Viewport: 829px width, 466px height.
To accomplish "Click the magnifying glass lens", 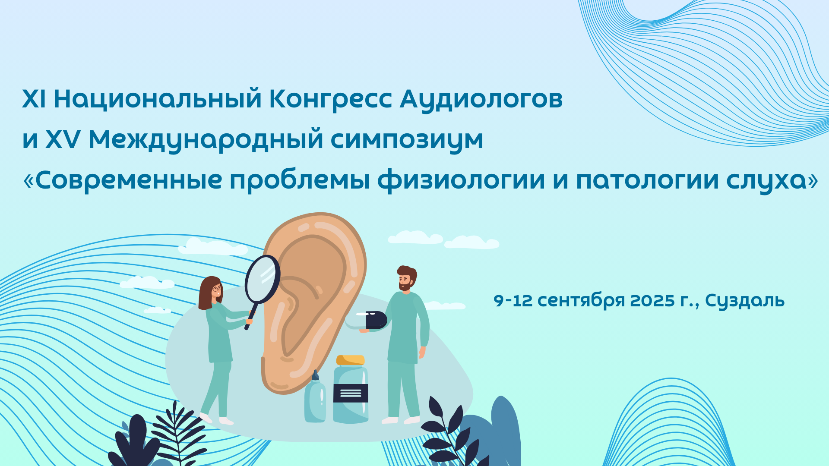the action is click(x=263, y=279).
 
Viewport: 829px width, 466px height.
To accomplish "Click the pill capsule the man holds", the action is click(x=366, y=320).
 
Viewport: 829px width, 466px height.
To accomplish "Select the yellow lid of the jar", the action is click(x=351, y=360).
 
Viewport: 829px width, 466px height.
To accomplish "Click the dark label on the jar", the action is click(x=351, y=393).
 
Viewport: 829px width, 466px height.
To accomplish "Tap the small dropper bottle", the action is click(x=315, y=397).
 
